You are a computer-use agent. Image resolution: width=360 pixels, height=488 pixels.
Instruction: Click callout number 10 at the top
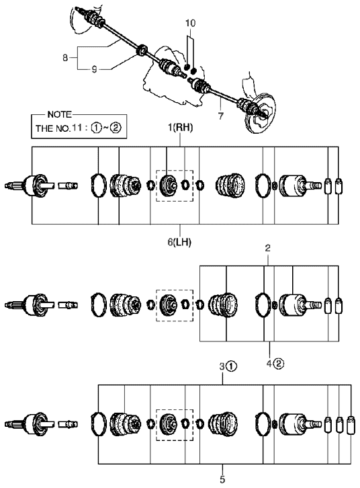(x=190, y=23)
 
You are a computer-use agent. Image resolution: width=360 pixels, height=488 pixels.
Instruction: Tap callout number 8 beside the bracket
(x=65, y=58)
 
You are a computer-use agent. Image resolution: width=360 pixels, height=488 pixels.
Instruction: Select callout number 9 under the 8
(x=95, y=69)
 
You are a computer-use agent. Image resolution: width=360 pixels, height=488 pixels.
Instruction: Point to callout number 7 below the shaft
(x=221, y=116)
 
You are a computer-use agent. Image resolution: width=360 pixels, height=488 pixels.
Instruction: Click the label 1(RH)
(x=180, y=127)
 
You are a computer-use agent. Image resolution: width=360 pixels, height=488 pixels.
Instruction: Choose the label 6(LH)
(x=179, y=242)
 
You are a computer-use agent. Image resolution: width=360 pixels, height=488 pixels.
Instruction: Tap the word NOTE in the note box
(x=59, y=114)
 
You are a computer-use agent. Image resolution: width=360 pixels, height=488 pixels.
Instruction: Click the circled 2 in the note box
(x=116, y=128)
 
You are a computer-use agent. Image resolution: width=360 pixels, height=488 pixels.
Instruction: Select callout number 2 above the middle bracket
(x=267, y=248)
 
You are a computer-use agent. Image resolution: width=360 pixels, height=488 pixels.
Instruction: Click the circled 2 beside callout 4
(x=279, y=363)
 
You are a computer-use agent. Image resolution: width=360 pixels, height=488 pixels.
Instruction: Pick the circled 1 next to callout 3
(x=232, y=366)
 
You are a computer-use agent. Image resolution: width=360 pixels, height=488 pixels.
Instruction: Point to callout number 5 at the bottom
(x=222, y=479)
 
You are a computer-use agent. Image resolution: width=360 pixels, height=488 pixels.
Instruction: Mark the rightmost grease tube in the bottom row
(x=351, y=425)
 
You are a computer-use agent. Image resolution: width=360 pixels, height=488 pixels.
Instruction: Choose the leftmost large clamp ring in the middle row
(x=98, y=305)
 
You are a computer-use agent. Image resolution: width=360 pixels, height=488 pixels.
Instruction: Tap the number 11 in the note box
(x=77, y=128)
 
